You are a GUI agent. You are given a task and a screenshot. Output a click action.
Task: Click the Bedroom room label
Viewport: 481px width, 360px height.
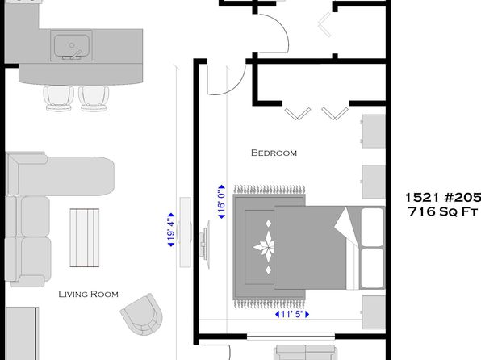click(x=274, y=153)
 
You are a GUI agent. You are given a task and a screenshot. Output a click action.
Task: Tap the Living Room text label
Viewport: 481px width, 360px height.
click(x=88, y=294)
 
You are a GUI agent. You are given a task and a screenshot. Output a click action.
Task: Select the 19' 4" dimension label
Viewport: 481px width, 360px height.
click(x=171, y=230)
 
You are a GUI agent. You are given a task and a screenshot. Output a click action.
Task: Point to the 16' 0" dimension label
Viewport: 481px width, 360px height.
click(x=221, y=202)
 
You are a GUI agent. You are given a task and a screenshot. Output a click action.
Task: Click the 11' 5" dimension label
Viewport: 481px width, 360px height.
click(x=292, y=314)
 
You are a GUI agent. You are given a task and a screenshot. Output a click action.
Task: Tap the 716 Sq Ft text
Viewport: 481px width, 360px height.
click(x=443, y=211)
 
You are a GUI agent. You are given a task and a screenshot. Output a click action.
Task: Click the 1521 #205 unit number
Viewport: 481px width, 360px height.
click(x=443, y=197)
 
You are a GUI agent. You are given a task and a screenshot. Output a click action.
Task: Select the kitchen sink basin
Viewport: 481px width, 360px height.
click(x=72, y=45)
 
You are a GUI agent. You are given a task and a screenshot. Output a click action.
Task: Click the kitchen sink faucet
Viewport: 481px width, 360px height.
click(x=73, y=55)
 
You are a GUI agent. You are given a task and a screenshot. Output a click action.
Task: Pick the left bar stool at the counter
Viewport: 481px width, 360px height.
click(x=59, y=98)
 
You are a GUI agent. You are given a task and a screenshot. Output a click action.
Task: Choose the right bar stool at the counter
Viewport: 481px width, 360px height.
click(x=94, y=98)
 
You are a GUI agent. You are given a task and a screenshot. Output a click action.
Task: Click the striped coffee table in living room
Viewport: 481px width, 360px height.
click(x=85, y=237)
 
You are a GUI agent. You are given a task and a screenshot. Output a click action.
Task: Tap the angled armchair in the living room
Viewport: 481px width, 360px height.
click(x=142, y=314)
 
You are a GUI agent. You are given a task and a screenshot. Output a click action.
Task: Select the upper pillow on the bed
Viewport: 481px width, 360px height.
click(x=372, y=227)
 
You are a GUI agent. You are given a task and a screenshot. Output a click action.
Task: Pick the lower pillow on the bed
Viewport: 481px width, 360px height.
click(x=372, y=268)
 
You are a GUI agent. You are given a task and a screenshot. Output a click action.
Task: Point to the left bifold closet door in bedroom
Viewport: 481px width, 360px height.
click(x=298, y=114)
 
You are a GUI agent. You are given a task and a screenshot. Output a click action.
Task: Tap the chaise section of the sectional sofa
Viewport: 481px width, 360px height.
click(x=61, y=175)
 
